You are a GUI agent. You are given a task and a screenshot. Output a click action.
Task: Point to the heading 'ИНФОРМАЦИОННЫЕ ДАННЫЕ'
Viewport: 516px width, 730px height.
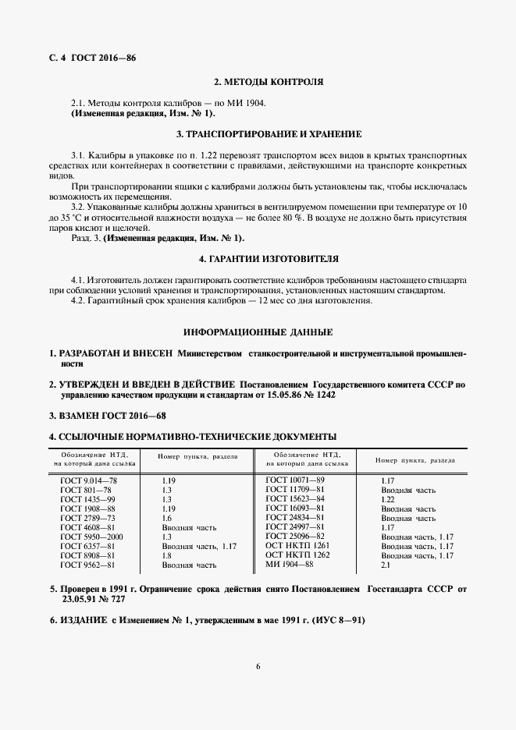click(x=258, y=331)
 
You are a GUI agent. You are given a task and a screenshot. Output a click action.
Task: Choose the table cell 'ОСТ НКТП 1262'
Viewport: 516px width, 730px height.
click(x=297, y=555)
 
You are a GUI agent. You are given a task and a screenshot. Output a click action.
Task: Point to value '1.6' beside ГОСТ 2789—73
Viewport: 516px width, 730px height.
click(x=166, y=519)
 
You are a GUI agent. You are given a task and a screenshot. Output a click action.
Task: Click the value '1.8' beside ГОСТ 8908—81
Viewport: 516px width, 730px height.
click(x=166, y=556)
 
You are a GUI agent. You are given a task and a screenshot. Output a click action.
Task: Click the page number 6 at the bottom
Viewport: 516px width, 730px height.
click(x=258, y=665)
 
